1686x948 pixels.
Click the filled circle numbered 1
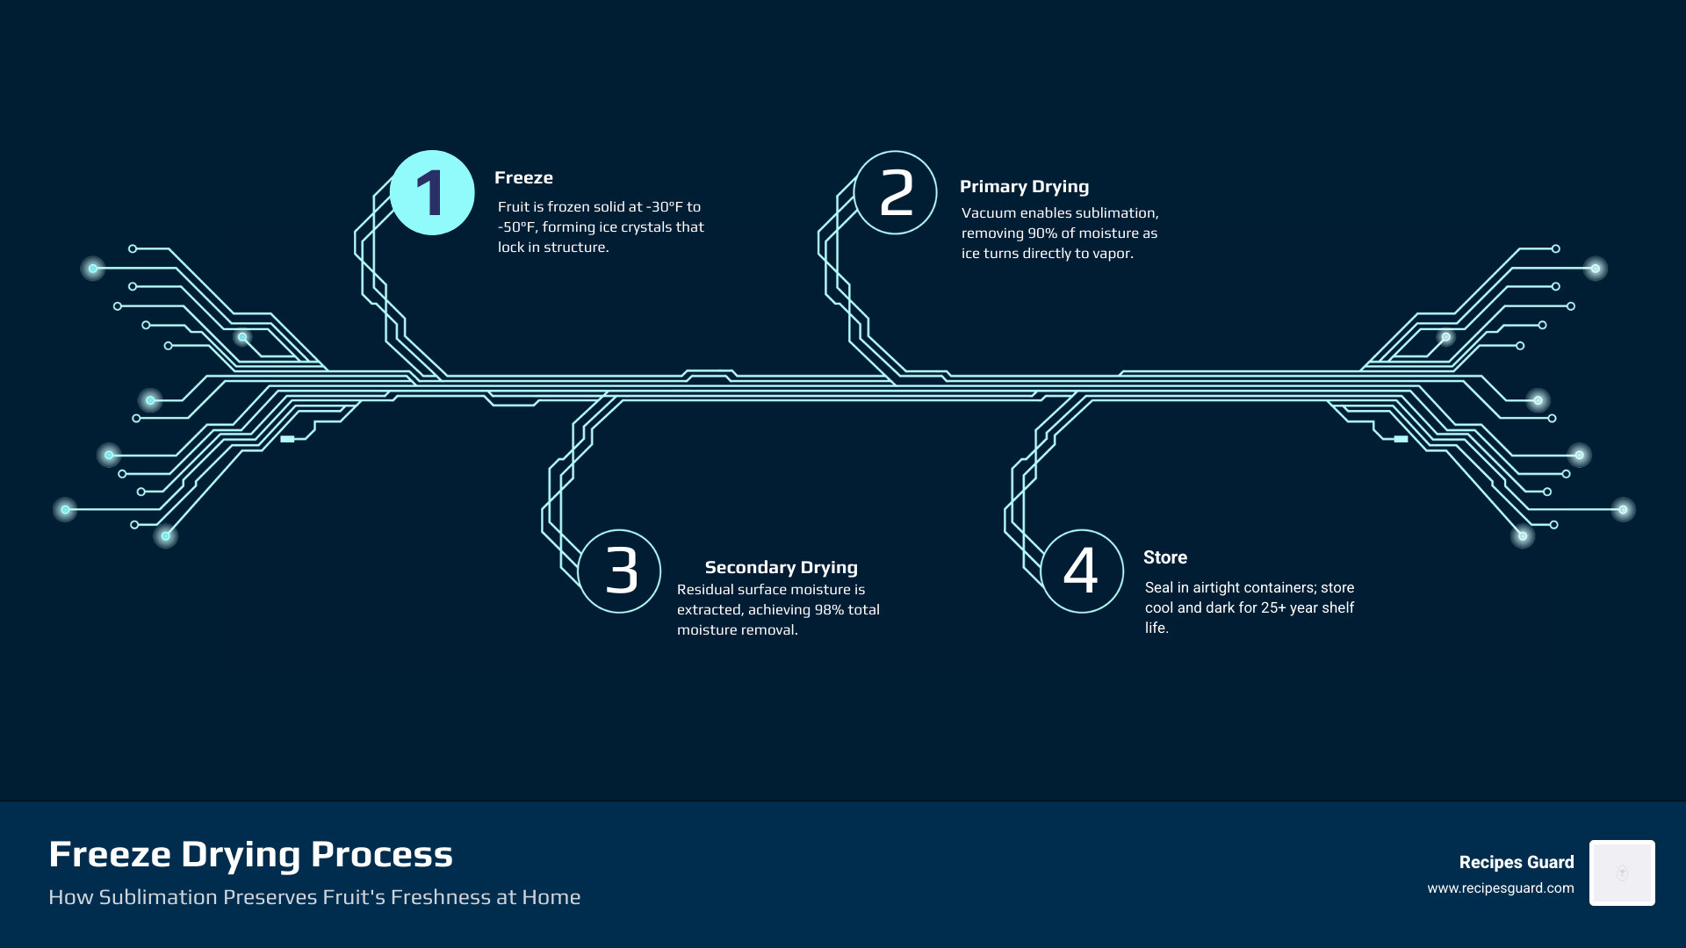click(432, 192)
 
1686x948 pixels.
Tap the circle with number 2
click(895, 192)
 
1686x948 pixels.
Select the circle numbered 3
click(620, 571)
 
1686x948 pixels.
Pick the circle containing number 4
click(1082, 571)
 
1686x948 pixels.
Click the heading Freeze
click(523, 177)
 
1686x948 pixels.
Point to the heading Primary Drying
click(1024, 186)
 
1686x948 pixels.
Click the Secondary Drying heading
click(781, 567)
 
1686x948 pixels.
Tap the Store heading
click(1164, 557)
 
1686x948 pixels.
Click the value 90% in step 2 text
click(1042, 233)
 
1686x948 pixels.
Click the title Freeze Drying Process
click(250, 854)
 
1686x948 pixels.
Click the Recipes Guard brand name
click(1516, 862)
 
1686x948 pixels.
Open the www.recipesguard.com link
click(1500, 888)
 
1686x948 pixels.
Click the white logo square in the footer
click(1622, 873)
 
